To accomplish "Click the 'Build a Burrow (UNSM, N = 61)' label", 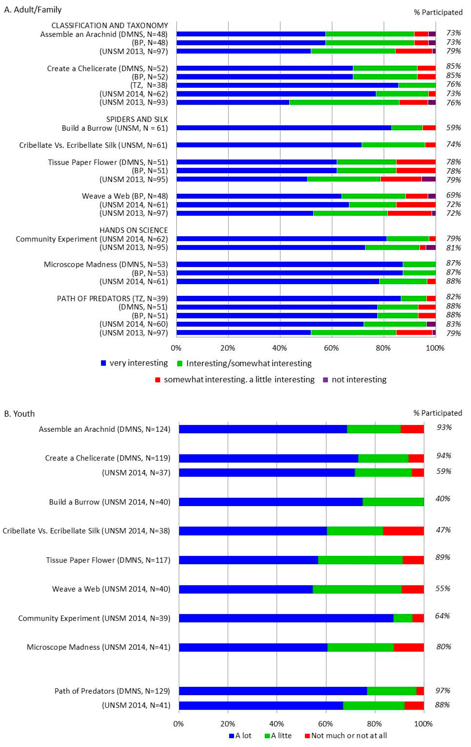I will (x=115, y=128).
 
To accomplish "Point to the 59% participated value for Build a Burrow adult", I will (x=453, y=127).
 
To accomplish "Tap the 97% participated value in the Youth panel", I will (x=443, y=691).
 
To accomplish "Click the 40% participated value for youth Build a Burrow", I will (x=443, y=499).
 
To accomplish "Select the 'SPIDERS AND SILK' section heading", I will (x=137, y=119).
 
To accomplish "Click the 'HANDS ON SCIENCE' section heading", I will (x=133, y=230).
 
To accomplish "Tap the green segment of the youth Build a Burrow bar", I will (x=393, y=502).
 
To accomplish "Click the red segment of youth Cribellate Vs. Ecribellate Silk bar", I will (x=403, y=531).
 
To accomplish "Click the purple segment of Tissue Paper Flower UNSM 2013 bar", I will (x=428, y=179).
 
